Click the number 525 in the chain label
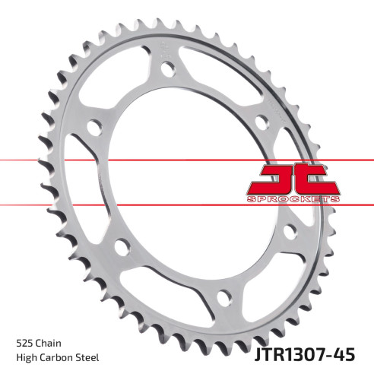click(24, 344)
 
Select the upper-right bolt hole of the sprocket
click(261, 119)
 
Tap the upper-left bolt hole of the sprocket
click(93, 126)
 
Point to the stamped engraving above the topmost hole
click(164, 53)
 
